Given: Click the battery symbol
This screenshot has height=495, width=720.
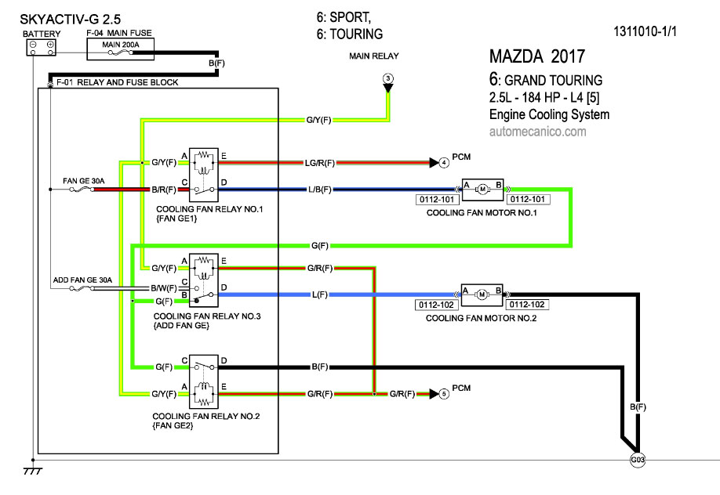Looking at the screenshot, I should click(41, 48).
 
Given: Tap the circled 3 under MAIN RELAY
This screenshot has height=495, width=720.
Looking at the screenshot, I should click(387, 78).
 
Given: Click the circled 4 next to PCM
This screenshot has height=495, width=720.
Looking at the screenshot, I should click(444, 163).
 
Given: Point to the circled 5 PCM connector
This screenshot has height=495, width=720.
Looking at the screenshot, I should click(444, 393).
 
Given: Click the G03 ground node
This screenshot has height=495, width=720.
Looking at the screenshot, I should click(637, 461).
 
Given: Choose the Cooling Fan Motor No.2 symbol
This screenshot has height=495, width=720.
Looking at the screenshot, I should click(483, 294).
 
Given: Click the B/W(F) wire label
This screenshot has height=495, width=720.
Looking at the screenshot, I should click(164, 289).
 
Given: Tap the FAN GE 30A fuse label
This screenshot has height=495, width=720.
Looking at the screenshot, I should click(82, 181).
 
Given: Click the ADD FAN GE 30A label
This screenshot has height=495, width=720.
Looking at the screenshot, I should click(83, 280).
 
